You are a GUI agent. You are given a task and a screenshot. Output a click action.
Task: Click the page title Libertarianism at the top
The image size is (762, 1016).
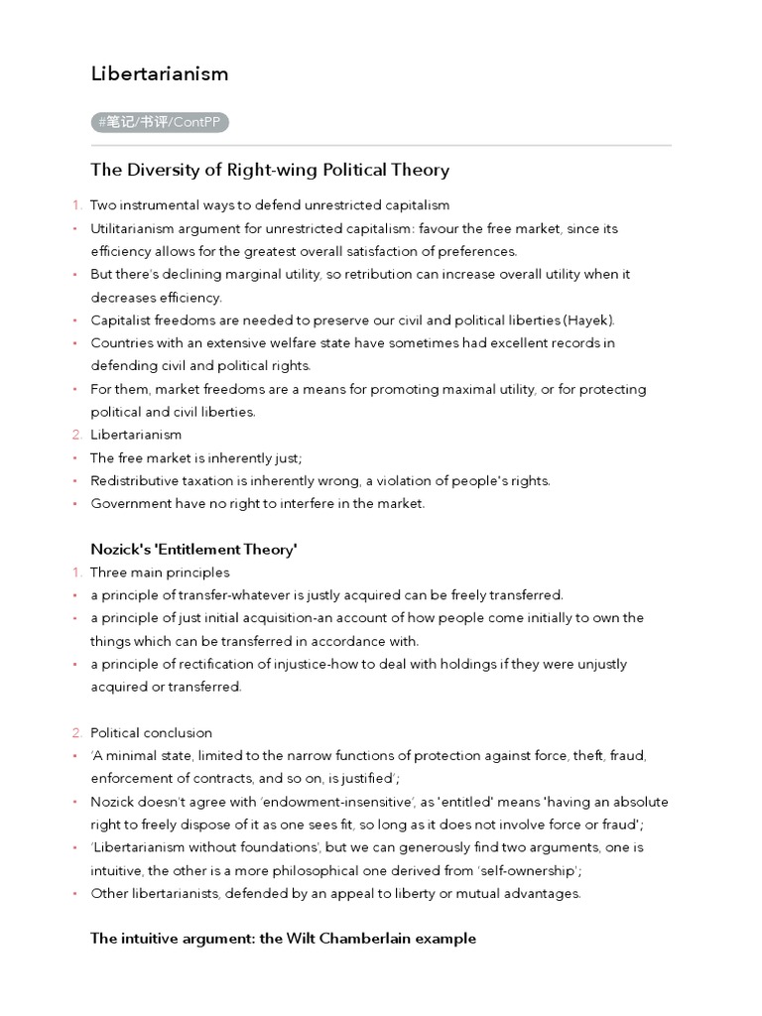[x=160, y=73]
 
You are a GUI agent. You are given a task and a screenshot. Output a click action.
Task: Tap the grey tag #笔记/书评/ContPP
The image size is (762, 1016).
[x=161, y=122]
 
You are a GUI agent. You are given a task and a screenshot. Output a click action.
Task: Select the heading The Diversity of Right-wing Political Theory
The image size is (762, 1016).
[x=270, y=170]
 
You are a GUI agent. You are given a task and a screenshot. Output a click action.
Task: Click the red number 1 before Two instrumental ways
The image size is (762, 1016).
[x=76, y=205]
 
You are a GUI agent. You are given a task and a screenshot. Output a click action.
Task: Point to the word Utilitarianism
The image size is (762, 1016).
[x=132, y=228]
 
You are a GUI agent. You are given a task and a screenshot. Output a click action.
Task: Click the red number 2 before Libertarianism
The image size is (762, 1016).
[x=76, y=435]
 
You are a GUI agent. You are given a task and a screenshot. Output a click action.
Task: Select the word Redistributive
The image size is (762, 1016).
[x=135, y=480]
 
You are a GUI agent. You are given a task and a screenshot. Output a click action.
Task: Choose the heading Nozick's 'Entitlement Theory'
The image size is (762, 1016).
[x=193, y=550]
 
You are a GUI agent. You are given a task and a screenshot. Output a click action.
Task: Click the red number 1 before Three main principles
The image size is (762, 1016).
[x=76, y=572]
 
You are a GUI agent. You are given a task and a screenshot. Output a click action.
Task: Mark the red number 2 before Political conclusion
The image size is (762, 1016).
[x=76, y=733]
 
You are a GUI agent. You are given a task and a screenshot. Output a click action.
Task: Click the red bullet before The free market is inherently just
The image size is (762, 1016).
[x=76, y=458]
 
